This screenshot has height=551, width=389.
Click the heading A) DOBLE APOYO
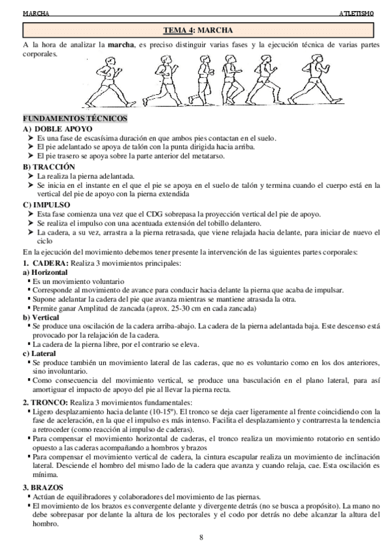(x=53, y=129)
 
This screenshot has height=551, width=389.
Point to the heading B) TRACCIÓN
(x=49, y=167)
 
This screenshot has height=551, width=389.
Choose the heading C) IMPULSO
(x=46, y=204)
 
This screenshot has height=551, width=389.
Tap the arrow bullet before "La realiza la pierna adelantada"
(x=30, y=176)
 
